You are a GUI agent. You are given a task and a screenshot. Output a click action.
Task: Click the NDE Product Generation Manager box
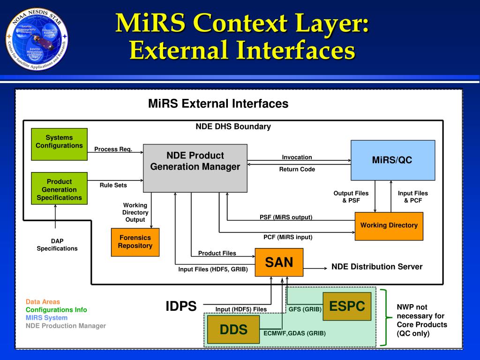[195, 168]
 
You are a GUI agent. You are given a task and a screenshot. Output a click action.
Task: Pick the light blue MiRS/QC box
[392, 160]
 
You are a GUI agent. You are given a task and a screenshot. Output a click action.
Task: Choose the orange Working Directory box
[389, 226]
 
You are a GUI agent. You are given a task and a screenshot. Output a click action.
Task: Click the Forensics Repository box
[135, 242]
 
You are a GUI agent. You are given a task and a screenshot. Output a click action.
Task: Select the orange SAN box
[279, 262]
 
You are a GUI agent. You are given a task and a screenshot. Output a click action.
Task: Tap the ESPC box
[347, 307]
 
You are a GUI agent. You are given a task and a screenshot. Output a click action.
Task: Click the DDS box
[233, 330]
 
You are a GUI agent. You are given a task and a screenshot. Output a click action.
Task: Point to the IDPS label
[181, 307]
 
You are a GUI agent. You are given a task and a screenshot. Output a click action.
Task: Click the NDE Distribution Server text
[377, 267]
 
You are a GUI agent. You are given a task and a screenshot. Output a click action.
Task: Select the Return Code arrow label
[297, 169]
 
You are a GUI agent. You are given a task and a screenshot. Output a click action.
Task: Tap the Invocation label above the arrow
[297, 157]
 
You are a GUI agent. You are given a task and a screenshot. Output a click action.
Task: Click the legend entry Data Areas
[43, 302]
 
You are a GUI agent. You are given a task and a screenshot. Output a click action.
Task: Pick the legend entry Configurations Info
[56, 310]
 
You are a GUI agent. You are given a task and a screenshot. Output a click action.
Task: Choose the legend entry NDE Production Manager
[66, 326]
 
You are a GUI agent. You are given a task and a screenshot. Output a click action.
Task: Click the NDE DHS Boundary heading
[233, 127]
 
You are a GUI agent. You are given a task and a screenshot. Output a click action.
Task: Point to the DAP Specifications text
[57, 245]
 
